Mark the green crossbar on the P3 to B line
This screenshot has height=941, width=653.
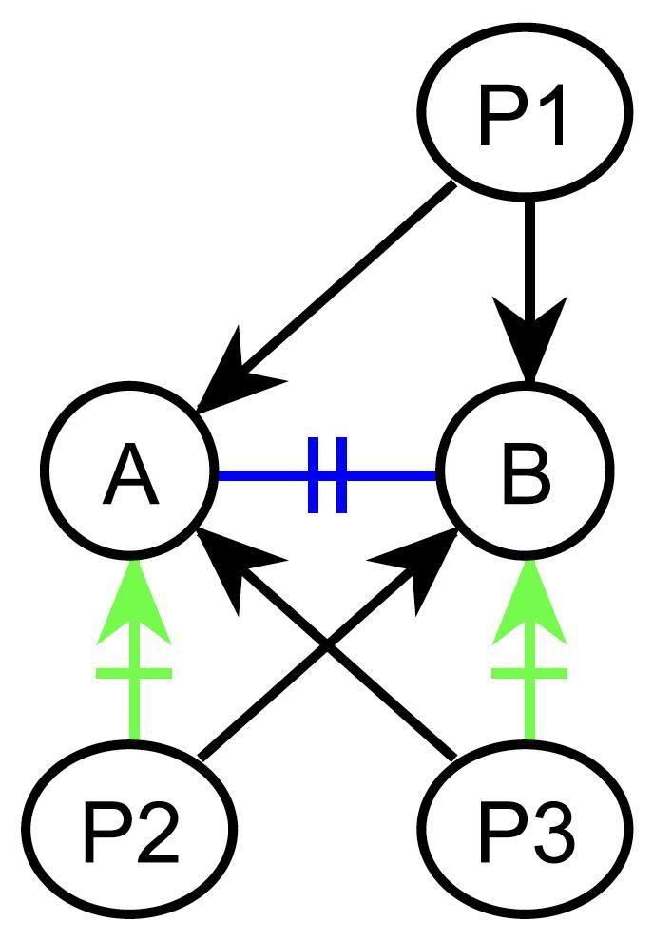(x=529, y=673)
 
